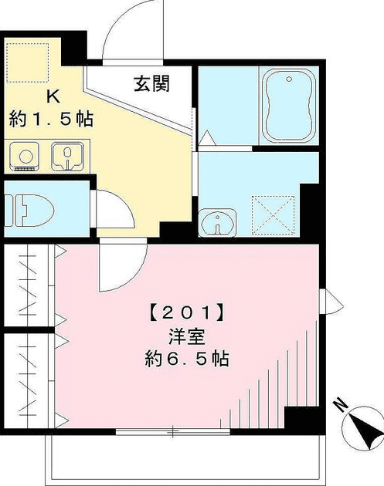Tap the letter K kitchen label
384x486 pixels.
[x=53, y=96]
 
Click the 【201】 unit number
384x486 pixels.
[x=186, y=314]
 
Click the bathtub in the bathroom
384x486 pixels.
[x=289, y=106]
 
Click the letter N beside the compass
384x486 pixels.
[x=340, y=403]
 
